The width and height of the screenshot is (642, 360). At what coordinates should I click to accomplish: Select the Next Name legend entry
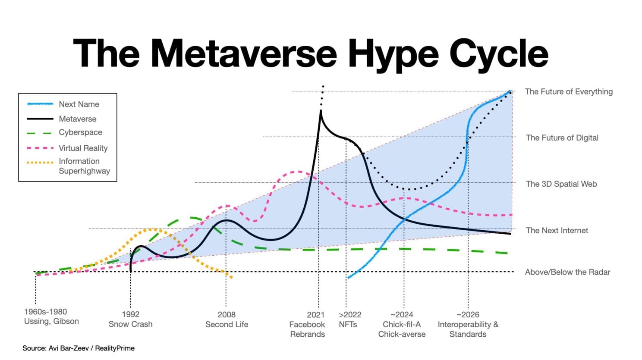pyautogui.click(x=79, y=104)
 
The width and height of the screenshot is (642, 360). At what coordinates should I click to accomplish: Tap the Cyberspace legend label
pyautogui.click(x=81, y=132)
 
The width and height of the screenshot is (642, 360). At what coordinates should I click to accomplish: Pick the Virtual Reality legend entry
pyautogui.click(x=83, y=148)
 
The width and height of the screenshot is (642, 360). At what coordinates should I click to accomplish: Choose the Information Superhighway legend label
pyautogui.click(x=84, y=166)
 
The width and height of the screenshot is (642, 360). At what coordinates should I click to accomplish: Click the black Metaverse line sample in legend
pyautogui.click(x=40, y=119)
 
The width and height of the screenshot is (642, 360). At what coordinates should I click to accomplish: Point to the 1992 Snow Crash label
pyautogui.click(x=130, y=319)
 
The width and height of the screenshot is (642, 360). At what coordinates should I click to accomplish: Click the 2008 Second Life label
pyautogui.click(x=227, y=319)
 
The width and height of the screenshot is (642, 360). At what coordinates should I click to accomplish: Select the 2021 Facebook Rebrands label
pyautogui.click(x=307, y=324)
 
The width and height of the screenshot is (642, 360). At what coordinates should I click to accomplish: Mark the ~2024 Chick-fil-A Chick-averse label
pyautogui.click(x=402, y=324)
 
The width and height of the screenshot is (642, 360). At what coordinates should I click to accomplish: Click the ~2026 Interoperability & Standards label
pyautogui.click(x=468, y=324)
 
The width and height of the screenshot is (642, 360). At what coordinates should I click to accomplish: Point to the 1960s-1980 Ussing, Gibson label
pyautogui.click(x=51, y=316)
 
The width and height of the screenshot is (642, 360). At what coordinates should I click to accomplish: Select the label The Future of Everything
pyautogui.click(x=569, y=91)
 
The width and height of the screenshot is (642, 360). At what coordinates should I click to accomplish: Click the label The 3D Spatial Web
pyautogui.click(x=561, y=184)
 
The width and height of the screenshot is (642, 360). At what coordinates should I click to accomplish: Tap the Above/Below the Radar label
pyautogui.click(x=567, y=272)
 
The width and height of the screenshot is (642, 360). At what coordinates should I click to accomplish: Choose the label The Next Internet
pyautogui.click(x=557, y=230)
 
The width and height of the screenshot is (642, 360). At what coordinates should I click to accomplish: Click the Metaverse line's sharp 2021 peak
pyautogui.click(x=321, y=111)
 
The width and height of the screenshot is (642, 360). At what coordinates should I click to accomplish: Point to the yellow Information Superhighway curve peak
pyautogui.click(x=152, y=229)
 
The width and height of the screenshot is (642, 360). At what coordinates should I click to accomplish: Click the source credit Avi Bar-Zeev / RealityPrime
pyautogui.click(x=79, y=348)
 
